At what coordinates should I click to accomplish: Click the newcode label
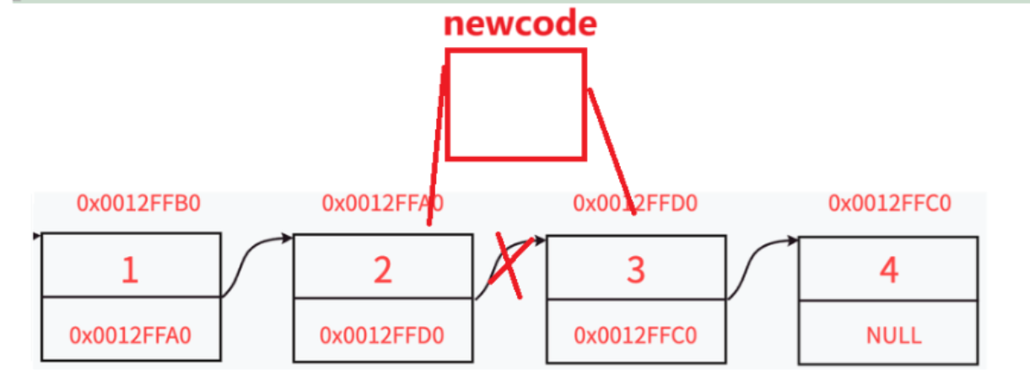coord(520,24)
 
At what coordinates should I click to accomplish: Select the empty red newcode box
coord(515,104)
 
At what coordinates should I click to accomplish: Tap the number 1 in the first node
coord(129,270)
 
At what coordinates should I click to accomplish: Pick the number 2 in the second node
coord(382,270)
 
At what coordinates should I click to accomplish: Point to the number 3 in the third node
coord(635,270)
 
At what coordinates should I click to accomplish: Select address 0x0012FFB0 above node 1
coord(138,203)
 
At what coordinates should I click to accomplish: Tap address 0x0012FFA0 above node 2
coord(383,203)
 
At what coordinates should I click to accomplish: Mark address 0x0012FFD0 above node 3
coord(635,203)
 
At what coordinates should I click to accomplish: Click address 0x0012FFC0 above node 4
coord(890,203)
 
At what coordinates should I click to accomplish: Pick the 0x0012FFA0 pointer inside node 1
coord(130,335)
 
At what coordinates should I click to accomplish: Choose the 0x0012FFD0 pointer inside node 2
coord(383,335)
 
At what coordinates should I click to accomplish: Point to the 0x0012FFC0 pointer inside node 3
coord(635,335)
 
